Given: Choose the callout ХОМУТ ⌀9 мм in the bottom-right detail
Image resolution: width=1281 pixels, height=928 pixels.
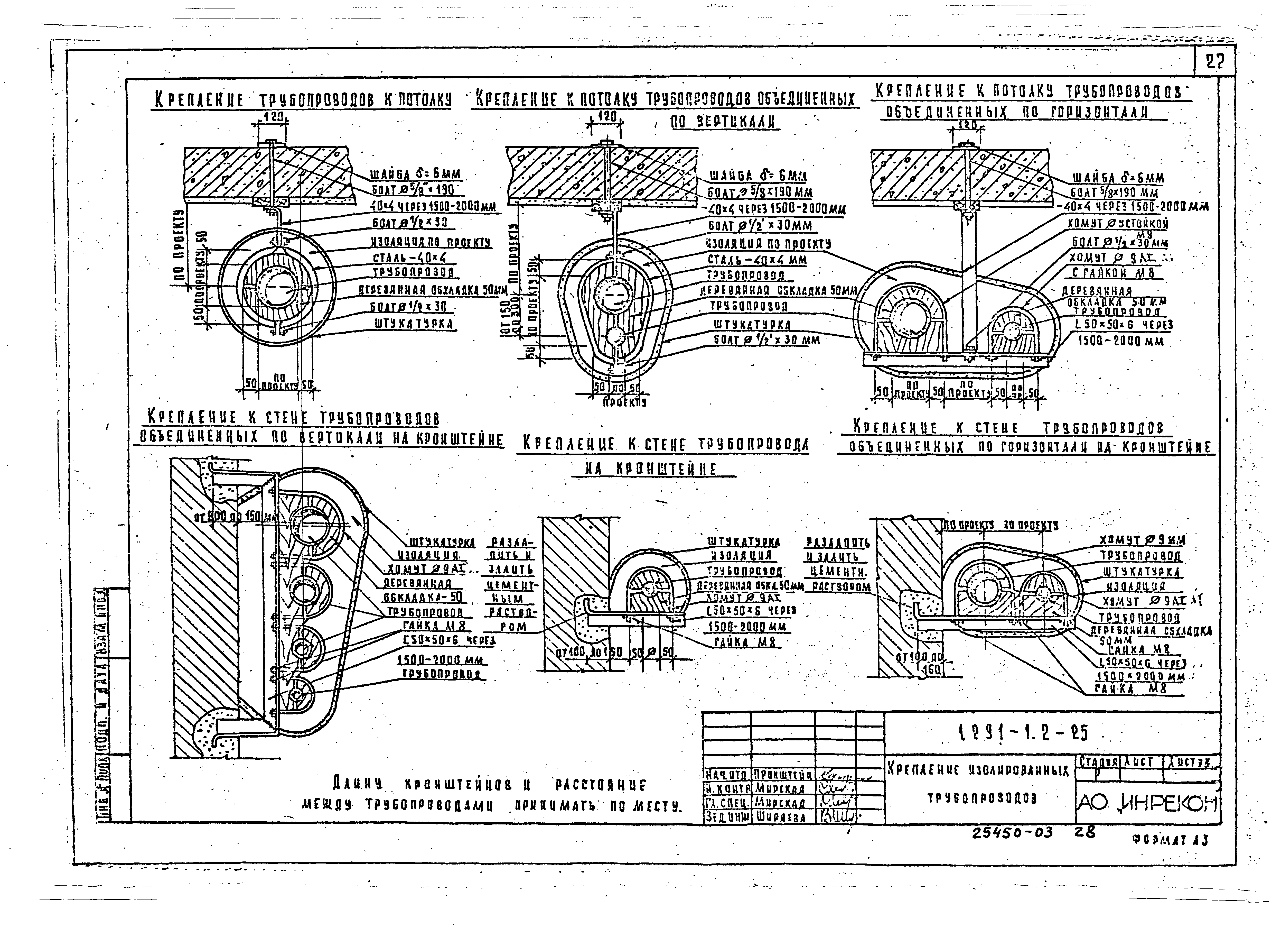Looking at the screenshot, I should point(1141,541).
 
